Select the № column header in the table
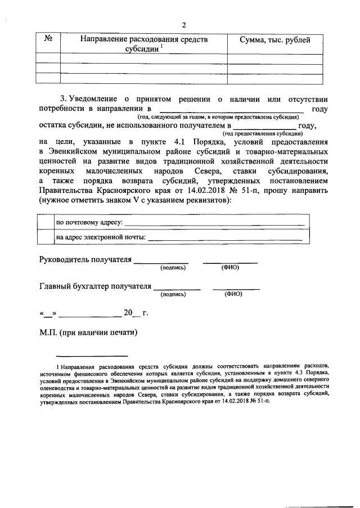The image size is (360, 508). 48,39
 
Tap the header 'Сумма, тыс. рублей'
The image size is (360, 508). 274,39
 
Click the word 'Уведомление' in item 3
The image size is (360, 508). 100,100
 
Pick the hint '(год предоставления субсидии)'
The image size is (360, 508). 263,134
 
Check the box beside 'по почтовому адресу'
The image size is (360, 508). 45,224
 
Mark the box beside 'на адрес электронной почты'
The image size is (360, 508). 45,237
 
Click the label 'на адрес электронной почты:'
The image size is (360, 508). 100,237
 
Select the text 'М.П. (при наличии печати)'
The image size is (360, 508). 88,332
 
